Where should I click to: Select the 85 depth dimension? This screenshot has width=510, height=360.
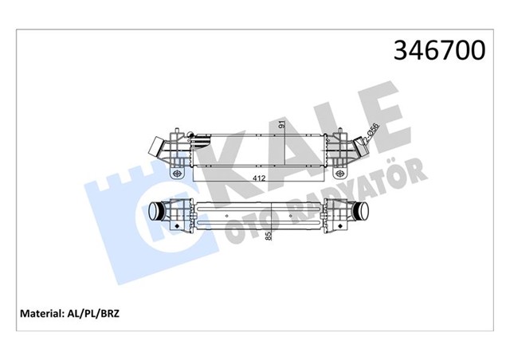coord(269,236)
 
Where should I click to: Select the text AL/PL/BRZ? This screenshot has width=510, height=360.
coord(99,314)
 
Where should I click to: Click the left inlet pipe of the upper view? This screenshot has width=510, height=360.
coord(159,148)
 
